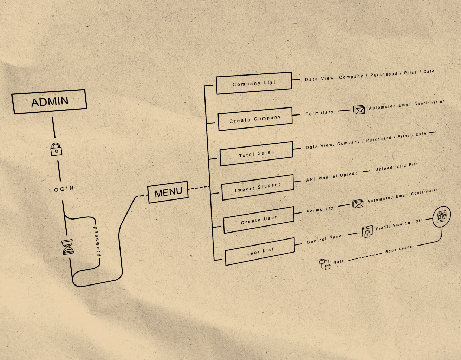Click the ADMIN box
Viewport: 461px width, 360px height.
[x=50, y=102]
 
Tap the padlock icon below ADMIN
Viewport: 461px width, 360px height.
[x=56, y=149]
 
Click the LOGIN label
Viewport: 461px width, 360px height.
[x=61, y=189]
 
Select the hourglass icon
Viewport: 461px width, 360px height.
[x=68, y=247]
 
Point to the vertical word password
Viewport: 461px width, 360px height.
[x=97, y=241]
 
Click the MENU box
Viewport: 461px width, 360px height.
[x=168, y=192]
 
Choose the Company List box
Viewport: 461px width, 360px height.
[x=254, y=83]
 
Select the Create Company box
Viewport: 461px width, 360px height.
[x=255, y=119]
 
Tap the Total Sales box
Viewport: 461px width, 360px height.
[x=257, y=153]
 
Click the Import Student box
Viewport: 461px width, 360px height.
[x=258, y=187]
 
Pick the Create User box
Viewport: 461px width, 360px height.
[x=259, y=220]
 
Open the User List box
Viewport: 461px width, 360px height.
[x=260, y=251]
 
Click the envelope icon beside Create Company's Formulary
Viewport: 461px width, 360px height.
[x=359, y=110]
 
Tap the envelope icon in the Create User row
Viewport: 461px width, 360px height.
[x=358, y=204]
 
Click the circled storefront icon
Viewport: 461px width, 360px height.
[x=441, y=217]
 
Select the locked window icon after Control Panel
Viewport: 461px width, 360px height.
[x=367, y=232]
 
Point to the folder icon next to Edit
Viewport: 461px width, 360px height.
[x=325, y=264]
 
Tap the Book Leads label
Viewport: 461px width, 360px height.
[x=398, y=249]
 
